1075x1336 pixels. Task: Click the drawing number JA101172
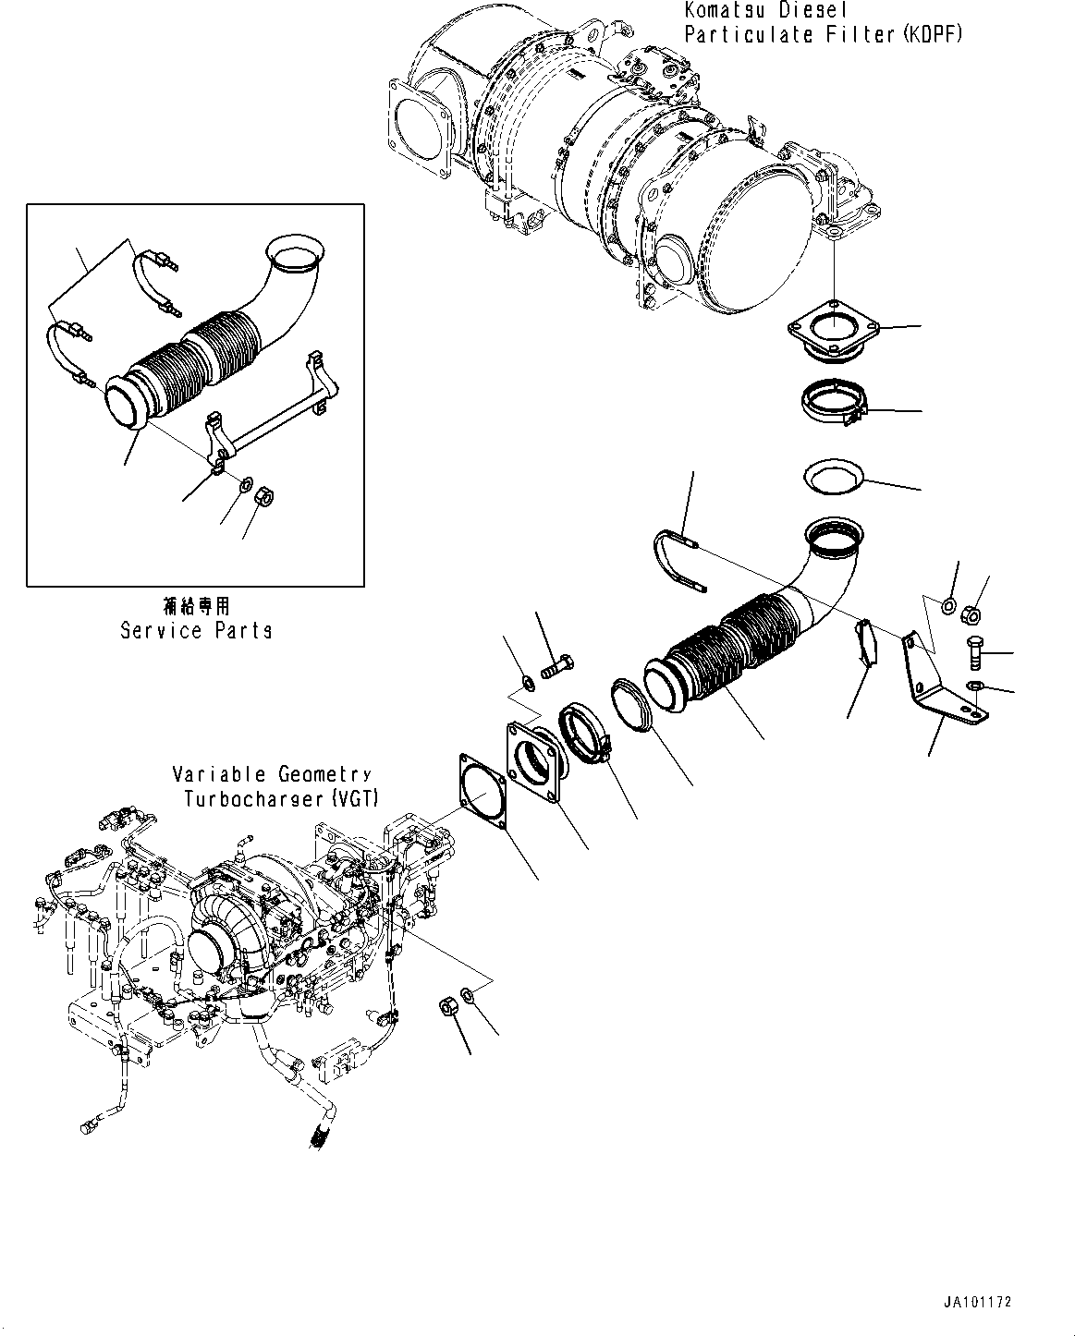977,1301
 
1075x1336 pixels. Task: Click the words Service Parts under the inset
196,630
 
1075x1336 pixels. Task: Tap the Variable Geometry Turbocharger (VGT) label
273,786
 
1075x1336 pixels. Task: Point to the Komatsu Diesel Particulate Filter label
823,23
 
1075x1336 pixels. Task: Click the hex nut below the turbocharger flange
446,1006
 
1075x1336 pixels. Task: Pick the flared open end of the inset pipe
295,253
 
